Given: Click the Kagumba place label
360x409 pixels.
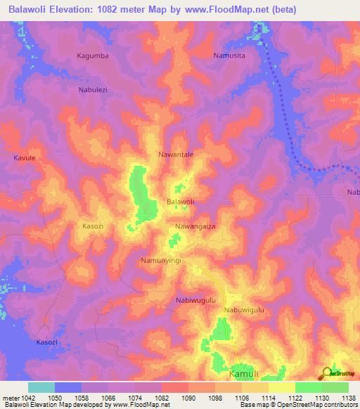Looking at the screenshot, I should (93, 55).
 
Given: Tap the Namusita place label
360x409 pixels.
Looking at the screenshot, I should (229, 54).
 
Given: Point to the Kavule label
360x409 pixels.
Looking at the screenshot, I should (24, 158).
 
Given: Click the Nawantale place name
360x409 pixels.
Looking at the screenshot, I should (176, 154).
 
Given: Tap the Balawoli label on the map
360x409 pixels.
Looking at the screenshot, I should (180, 202).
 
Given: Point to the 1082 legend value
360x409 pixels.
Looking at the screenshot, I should (162, 398).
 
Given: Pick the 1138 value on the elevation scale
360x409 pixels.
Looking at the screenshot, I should (348, 398).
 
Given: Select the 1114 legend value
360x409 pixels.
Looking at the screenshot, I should (268, 398).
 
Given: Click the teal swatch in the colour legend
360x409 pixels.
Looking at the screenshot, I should (41, 387).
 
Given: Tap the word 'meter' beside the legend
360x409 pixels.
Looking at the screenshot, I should (10, 398).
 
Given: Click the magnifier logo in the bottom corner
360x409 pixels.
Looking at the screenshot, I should (327, 373).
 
